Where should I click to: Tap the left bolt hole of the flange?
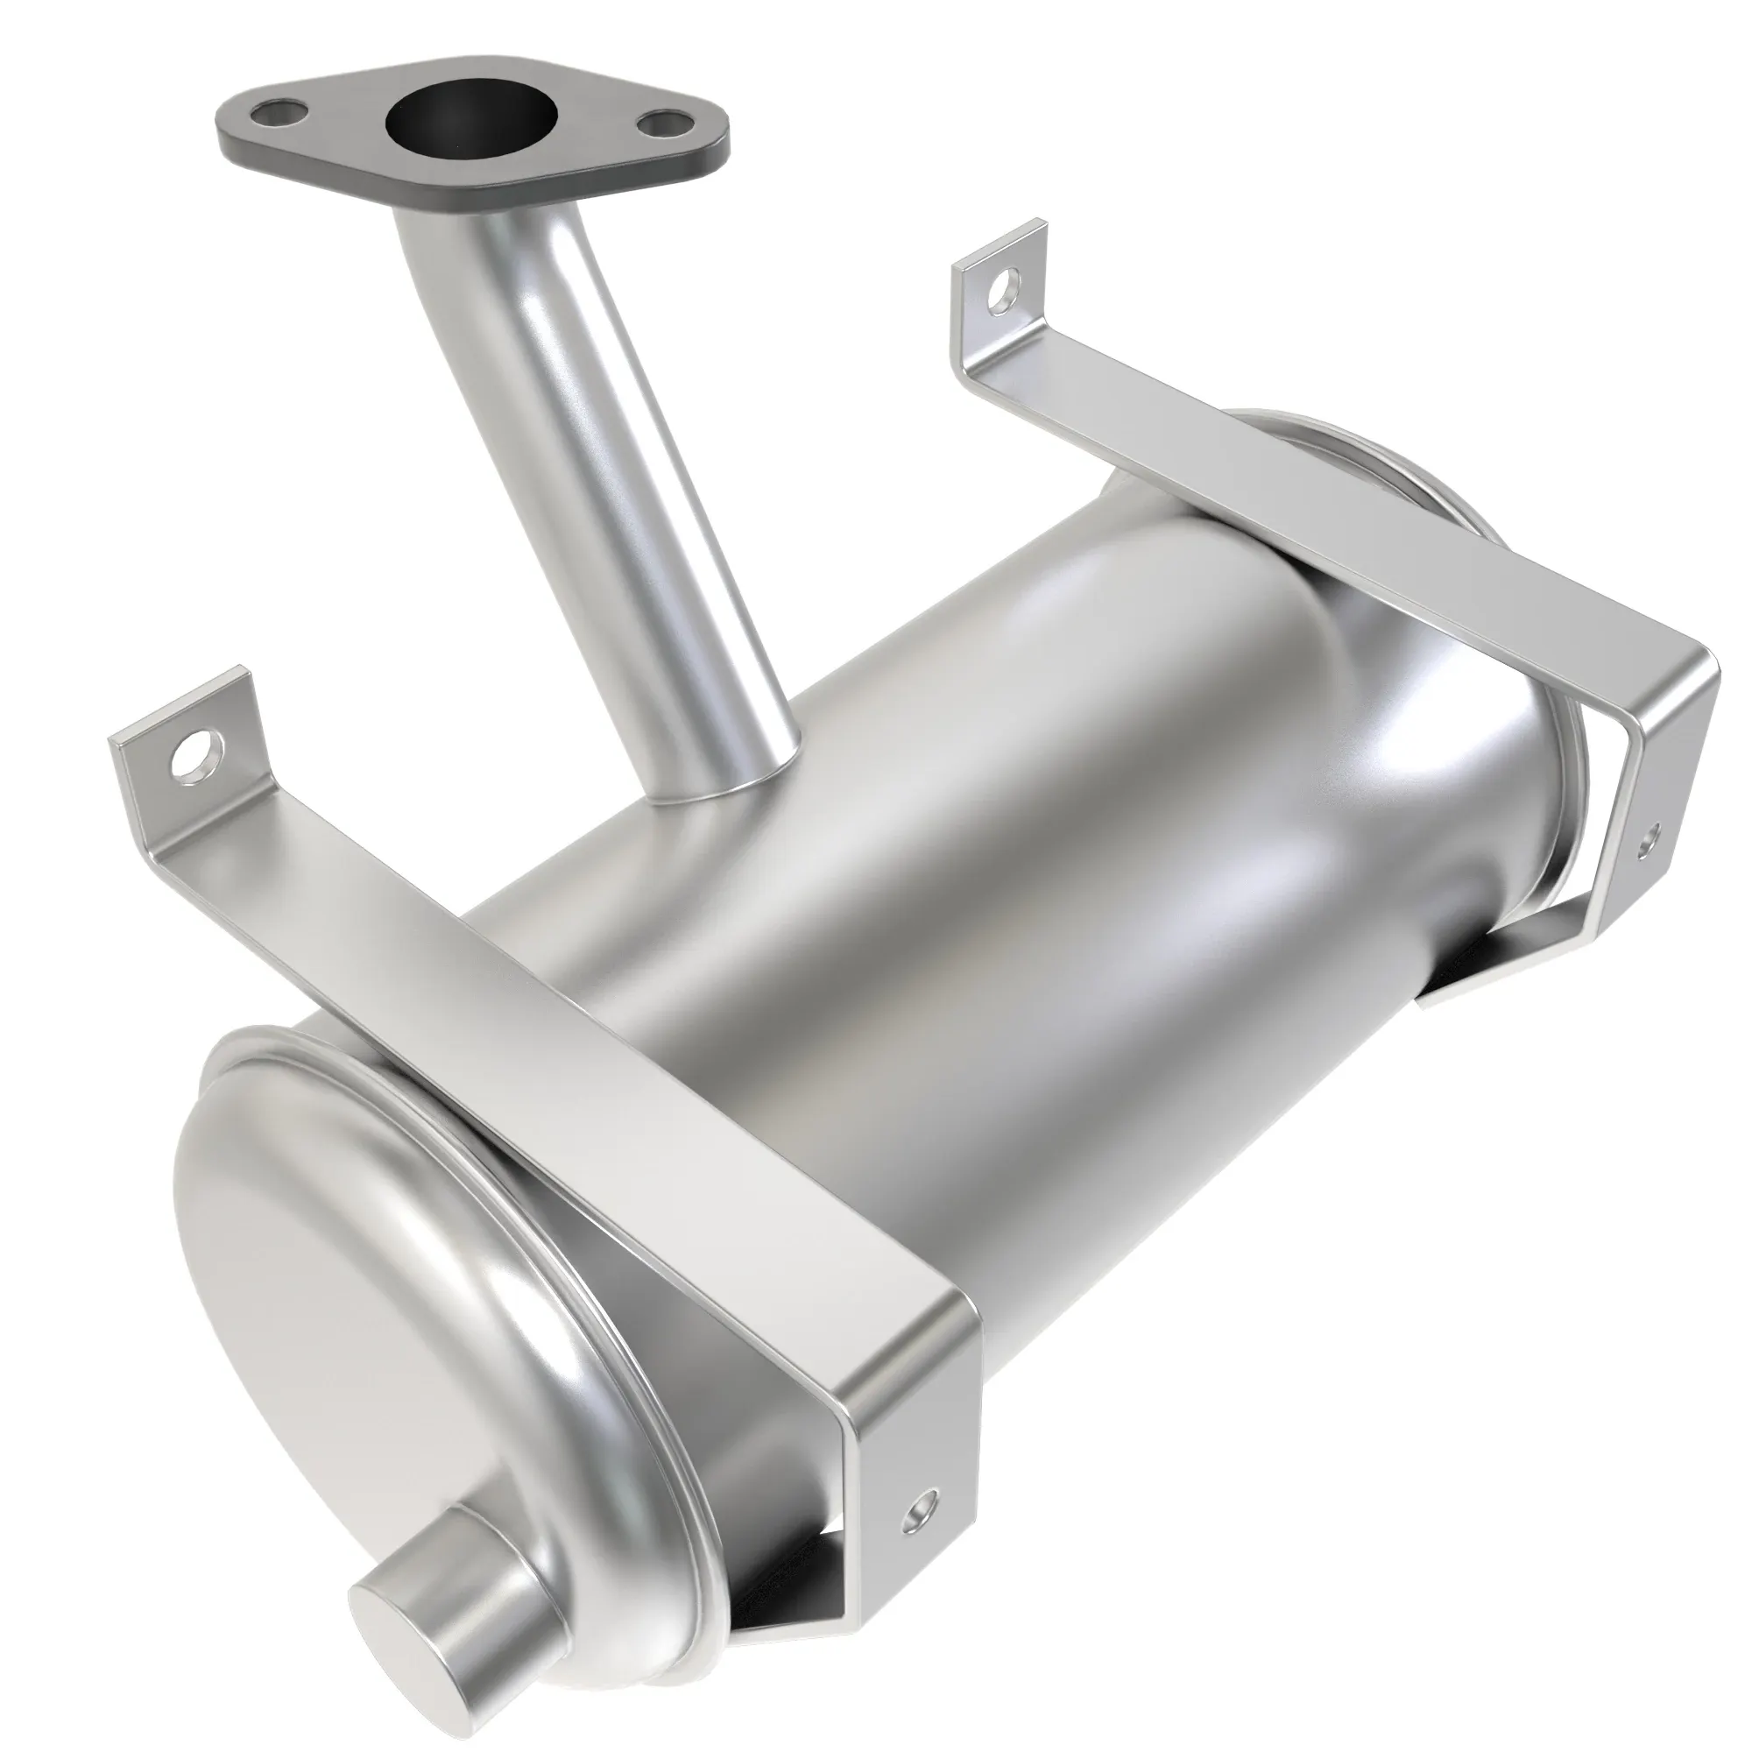pos(279,115)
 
